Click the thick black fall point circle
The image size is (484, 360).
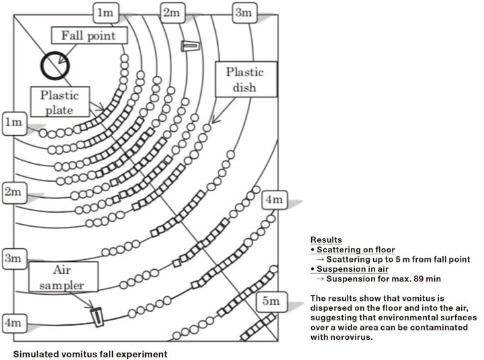pos(55,65)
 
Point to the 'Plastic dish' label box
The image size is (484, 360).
pos(244,79)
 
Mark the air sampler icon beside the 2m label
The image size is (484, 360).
pos(190,46)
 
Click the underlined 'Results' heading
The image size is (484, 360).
pos(326,240)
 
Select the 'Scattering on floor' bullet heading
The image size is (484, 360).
pos(353,250)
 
